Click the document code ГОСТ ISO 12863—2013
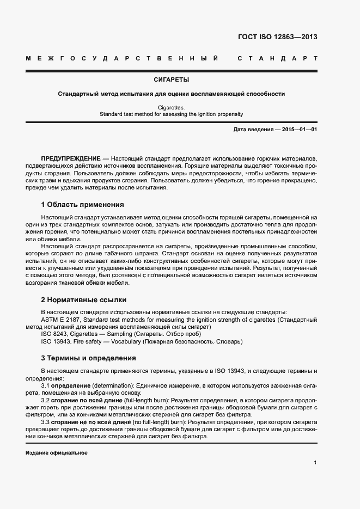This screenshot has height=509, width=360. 277,38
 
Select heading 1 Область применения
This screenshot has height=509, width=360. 83,205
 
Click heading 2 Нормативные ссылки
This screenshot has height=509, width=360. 84,299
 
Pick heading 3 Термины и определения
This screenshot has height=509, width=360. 88,358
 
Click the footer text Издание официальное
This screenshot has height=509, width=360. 57,453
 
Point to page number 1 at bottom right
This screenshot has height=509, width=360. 315,462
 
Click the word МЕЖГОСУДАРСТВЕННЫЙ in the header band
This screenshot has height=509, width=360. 123,58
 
